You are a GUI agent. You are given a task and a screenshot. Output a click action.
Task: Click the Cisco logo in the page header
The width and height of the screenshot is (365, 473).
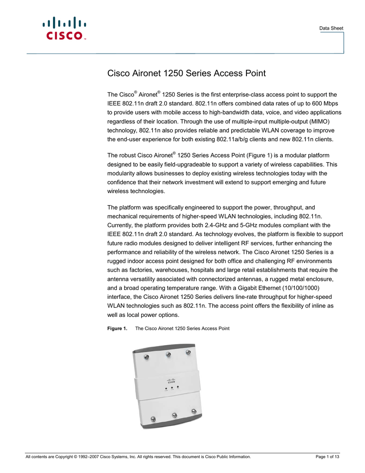pos(65,28)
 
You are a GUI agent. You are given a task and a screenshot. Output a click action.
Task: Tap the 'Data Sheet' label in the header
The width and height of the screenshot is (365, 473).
pos(331,29)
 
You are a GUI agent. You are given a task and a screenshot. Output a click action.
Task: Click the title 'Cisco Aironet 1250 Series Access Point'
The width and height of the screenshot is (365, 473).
pos(186,73)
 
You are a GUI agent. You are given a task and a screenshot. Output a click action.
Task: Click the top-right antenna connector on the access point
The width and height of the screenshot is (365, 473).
pos(188,352)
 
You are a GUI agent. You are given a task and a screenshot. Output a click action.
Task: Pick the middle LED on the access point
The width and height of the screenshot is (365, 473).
pos(172,388)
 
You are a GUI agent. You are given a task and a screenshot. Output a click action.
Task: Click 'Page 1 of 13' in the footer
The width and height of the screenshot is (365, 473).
pos(328,457)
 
